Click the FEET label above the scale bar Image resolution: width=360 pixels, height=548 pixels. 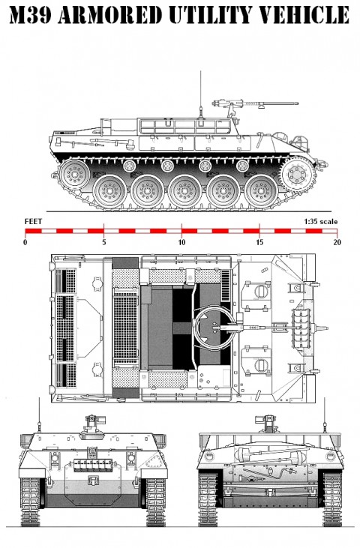33,222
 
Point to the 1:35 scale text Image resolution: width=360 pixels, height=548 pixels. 321,222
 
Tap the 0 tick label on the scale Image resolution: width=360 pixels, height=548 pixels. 25,243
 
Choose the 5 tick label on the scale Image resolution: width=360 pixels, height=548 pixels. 103,243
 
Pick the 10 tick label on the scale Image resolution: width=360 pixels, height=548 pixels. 181,243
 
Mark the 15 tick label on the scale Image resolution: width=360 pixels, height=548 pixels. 259,243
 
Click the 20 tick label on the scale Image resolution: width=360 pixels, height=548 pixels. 337,243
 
